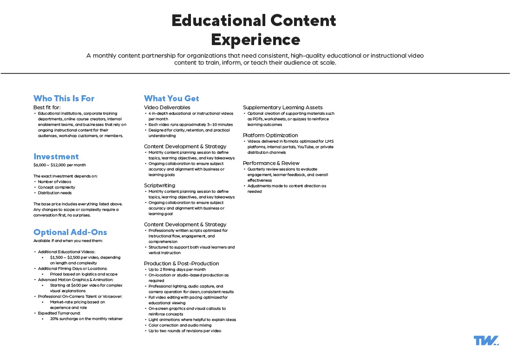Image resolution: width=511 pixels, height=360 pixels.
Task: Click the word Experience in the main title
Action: coord(255,39)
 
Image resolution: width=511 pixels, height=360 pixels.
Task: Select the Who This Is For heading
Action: coord(64,98)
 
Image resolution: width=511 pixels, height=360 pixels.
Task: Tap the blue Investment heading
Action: coord(56,157)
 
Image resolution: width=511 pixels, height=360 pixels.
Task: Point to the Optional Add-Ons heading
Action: coord(70,232)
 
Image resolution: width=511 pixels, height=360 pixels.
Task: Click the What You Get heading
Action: coord(171,98)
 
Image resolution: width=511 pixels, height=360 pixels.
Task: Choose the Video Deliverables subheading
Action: coord(167,107)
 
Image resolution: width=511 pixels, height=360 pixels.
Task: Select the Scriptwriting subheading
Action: coord(159,185)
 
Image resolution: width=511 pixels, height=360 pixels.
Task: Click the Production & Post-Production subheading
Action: coord(181,263)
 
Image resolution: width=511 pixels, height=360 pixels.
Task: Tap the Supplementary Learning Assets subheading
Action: coord(282,107)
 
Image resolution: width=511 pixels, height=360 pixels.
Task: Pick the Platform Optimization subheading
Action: coord(270,135)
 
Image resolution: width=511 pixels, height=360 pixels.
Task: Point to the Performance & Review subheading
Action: coord(271,163)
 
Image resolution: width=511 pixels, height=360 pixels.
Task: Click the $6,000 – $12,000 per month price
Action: coord(59,165)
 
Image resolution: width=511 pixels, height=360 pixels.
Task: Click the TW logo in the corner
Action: coord(486,340)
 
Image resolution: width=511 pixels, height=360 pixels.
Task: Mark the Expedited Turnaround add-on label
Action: coord(59,313)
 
